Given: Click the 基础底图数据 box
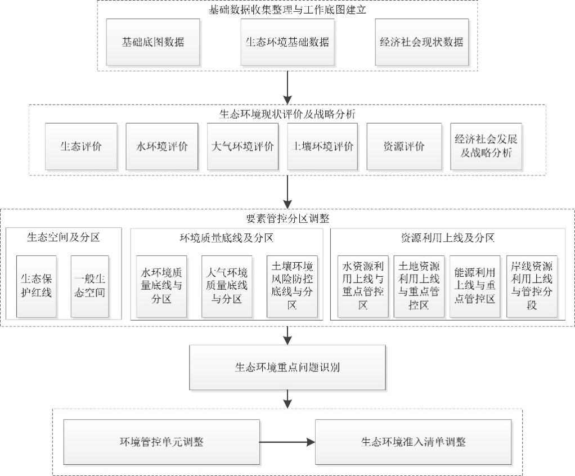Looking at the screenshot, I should (153, 42).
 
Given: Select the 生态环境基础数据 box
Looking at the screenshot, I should (287, 42).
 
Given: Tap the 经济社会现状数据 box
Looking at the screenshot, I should (421, 42).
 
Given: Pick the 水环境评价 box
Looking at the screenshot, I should (162, 147).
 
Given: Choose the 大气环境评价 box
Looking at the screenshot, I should (242, 147).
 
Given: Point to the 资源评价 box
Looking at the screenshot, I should (403, 147).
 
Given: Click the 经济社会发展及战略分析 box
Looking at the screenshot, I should (486, 147).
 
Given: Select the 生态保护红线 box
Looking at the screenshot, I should (37, 286).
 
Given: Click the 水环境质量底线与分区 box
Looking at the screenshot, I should (162, 286).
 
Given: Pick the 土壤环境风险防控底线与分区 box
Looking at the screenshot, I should (292, 287).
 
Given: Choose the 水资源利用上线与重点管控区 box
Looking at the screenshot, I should (363, 286).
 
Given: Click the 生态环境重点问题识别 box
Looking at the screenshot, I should (287, 369).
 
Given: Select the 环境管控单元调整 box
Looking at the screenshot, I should (161, 442).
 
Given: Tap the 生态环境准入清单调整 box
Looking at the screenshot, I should (414, 442).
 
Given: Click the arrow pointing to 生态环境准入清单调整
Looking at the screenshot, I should (287, 442).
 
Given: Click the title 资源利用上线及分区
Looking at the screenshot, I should (447, 238).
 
